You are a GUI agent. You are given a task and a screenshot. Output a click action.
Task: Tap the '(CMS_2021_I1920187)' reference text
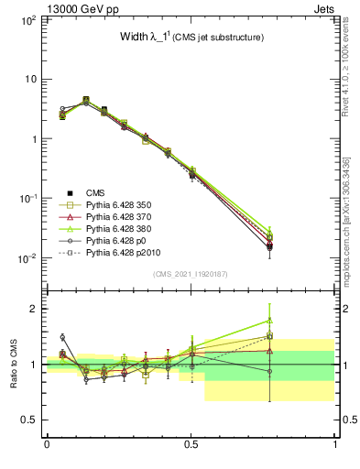point(191,275)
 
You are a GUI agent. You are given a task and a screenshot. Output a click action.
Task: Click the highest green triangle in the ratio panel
point(269,321)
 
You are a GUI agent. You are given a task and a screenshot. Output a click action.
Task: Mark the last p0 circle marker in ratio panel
point(269,371)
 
